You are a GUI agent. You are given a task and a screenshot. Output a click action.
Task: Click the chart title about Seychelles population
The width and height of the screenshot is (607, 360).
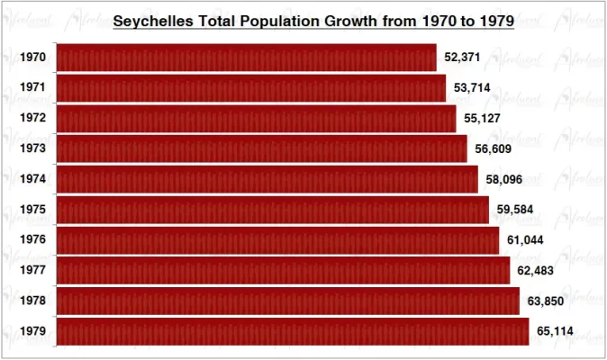point(313,19)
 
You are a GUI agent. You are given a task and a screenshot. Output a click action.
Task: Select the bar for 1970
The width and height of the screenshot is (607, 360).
point(246,58)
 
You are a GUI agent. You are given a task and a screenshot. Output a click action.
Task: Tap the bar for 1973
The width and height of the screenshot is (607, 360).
point(261,148)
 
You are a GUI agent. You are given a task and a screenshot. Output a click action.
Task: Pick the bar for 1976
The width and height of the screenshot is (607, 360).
point(277,240)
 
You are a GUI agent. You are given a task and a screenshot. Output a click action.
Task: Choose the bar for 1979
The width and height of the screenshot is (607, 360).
point(293,331)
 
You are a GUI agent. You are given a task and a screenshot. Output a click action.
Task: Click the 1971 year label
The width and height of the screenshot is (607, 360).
point(32,88)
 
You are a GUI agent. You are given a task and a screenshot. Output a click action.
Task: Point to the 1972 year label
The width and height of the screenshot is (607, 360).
point(32,119)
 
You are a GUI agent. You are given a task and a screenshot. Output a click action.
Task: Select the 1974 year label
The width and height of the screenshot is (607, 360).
point(32,179)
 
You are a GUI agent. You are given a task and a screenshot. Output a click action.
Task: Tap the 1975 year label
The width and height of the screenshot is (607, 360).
point(32,210)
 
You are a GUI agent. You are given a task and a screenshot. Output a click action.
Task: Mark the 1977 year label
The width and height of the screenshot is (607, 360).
point(32,271)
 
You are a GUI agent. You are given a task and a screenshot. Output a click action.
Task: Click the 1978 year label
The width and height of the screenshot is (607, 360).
point(32,301)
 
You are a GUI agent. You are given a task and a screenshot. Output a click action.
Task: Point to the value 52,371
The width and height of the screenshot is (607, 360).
point(463,58)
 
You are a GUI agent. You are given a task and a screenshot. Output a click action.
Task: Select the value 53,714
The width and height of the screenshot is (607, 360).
point(472,88)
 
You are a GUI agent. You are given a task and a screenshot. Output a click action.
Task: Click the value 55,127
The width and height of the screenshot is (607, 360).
point(482,119)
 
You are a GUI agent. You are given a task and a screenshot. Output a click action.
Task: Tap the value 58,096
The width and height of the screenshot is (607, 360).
point(503,179)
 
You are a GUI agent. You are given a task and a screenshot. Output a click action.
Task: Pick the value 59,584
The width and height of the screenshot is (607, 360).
point(514,210)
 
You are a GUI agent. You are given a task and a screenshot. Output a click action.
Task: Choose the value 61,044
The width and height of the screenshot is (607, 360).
point(525,240)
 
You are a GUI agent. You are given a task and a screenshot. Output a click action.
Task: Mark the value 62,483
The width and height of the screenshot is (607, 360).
point(535,271)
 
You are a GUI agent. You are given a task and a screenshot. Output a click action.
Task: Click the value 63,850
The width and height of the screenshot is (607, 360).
point(545,301)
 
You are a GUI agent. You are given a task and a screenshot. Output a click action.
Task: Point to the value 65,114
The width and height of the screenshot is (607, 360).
point(555,331)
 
